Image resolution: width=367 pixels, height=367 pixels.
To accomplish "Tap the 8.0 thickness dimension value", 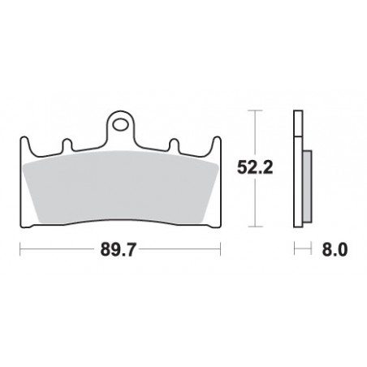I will [x=335, y=251].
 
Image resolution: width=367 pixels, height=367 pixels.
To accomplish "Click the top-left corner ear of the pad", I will [x=27, y=143].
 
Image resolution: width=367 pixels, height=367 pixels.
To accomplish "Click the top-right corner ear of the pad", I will [x=215, y=143].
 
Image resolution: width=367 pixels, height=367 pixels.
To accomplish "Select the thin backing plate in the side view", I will [x=297, y=171].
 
